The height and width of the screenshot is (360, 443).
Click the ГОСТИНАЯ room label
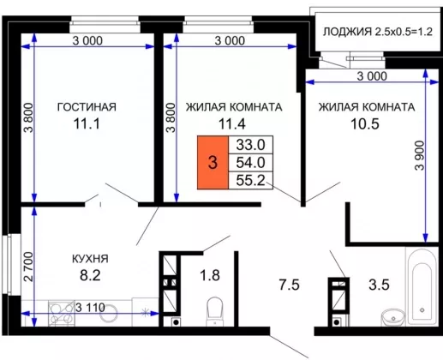[87, 107]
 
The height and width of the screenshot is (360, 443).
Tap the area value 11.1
[87, 124]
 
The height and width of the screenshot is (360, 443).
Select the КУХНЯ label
[90, 259]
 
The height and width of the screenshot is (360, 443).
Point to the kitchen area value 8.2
[90, 276]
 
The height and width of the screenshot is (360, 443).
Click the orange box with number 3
[213, 162]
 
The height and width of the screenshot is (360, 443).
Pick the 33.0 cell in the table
[251, 145]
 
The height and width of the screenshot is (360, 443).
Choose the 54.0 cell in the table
[251, 163]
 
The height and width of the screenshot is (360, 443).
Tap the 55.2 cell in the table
[251, 180]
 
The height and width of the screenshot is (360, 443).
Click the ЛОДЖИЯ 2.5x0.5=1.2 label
[378, 32]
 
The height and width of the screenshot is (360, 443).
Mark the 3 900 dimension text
[420, 155]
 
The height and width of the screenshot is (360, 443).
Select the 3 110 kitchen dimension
[91, 308]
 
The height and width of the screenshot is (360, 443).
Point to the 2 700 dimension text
[28, 267]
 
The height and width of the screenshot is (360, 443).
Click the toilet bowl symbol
[214, 311]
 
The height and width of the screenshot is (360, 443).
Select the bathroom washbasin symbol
[393, 317]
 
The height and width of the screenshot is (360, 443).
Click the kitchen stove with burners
[61, 313]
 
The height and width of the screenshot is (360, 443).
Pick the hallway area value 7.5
[289, 285]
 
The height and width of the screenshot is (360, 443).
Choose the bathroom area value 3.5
[379, 285]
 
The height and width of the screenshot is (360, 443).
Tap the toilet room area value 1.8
[210, 276]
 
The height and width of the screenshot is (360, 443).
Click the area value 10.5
[365, 124]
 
